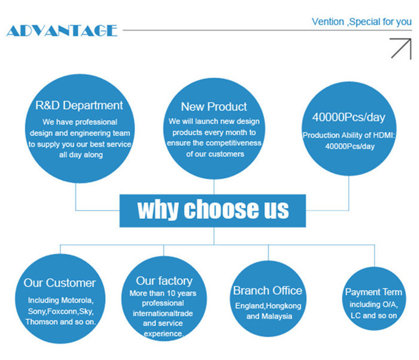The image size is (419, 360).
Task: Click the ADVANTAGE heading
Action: click(62, 30)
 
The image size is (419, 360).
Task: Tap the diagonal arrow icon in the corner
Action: click(400, 48)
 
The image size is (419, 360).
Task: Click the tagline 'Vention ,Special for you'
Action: click(362, 22)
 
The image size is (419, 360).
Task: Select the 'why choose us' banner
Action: click(212, 210)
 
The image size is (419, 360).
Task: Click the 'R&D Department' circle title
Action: click(79, 105)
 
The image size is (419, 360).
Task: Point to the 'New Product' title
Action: click(214, 107)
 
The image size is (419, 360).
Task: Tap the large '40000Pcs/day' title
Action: click(349, 117)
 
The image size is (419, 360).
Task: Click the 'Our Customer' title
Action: click(60, 283)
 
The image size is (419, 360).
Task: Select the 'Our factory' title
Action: click(164, 281)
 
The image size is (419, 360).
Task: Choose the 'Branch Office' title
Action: click(268, 291)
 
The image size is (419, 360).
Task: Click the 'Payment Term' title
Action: click(374, 292)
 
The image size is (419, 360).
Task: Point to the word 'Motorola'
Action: click(77, 300)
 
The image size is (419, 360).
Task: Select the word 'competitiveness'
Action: click(234, 143)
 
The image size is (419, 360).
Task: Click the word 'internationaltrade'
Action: click(163, 313)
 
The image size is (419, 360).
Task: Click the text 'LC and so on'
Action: click(374, 316)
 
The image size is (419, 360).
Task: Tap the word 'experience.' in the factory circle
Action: click(163, 334)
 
